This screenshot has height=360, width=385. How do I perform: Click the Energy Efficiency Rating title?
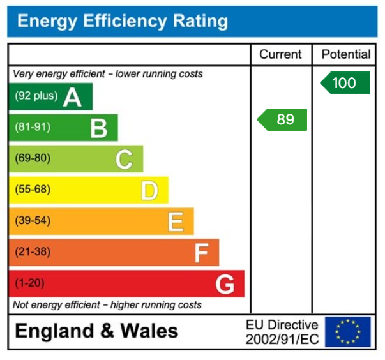[122, 22]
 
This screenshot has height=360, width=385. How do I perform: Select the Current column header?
[281, 55]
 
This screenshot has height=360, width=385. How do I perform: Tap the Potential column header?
[345, 55]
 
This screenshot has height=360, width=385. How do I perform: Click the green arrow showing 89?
[283, 119]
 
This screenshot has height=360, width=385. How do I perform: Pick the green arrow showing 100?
[345, 83]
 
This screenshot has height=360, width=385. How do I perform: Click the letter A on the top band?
[72, 97]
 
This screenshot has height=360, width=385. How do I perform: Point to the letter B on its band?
[98, 128]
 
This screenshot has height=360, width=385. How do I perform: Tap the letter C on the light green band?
[124, 159]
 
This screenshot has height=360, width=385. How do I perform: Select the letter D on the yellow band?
[149, 190]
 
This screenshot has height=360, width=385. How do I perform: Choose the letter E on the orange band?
[175, 221]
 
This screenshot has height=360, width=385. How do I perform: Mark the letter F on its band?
[201, 253]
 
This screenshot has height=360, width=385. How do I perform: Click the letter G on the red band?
[225, 284]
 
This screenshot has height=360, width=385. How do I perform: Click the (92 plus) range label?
[36, 96]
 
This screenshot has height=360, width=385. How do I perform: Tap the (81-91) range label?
[33, 127]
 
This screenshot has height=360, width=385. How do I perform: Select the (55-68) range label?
[33, 190]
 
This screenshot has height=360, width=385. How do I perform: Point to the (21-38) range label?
[33, 252]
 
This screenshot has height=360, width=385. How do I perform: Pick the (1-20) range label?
[30, 283]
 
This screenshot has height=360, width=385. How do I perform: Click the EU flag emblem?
[347, 332]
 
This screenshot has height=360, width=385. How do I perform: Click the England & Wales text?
[96, 331]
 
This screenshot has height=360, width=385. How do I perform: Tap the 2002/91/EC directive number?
[282, 340]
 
